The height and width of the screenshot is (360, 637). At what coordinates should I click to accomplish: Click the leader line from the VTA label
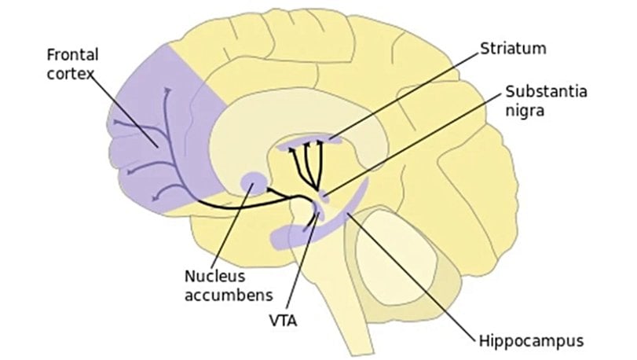[x=302, y=259]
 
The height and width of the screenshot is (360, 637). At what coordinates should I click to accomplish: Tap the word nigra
[x=525, y=111]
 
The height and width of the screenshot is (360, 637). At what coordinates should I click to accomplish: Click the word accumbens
[x=228, y=296]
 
